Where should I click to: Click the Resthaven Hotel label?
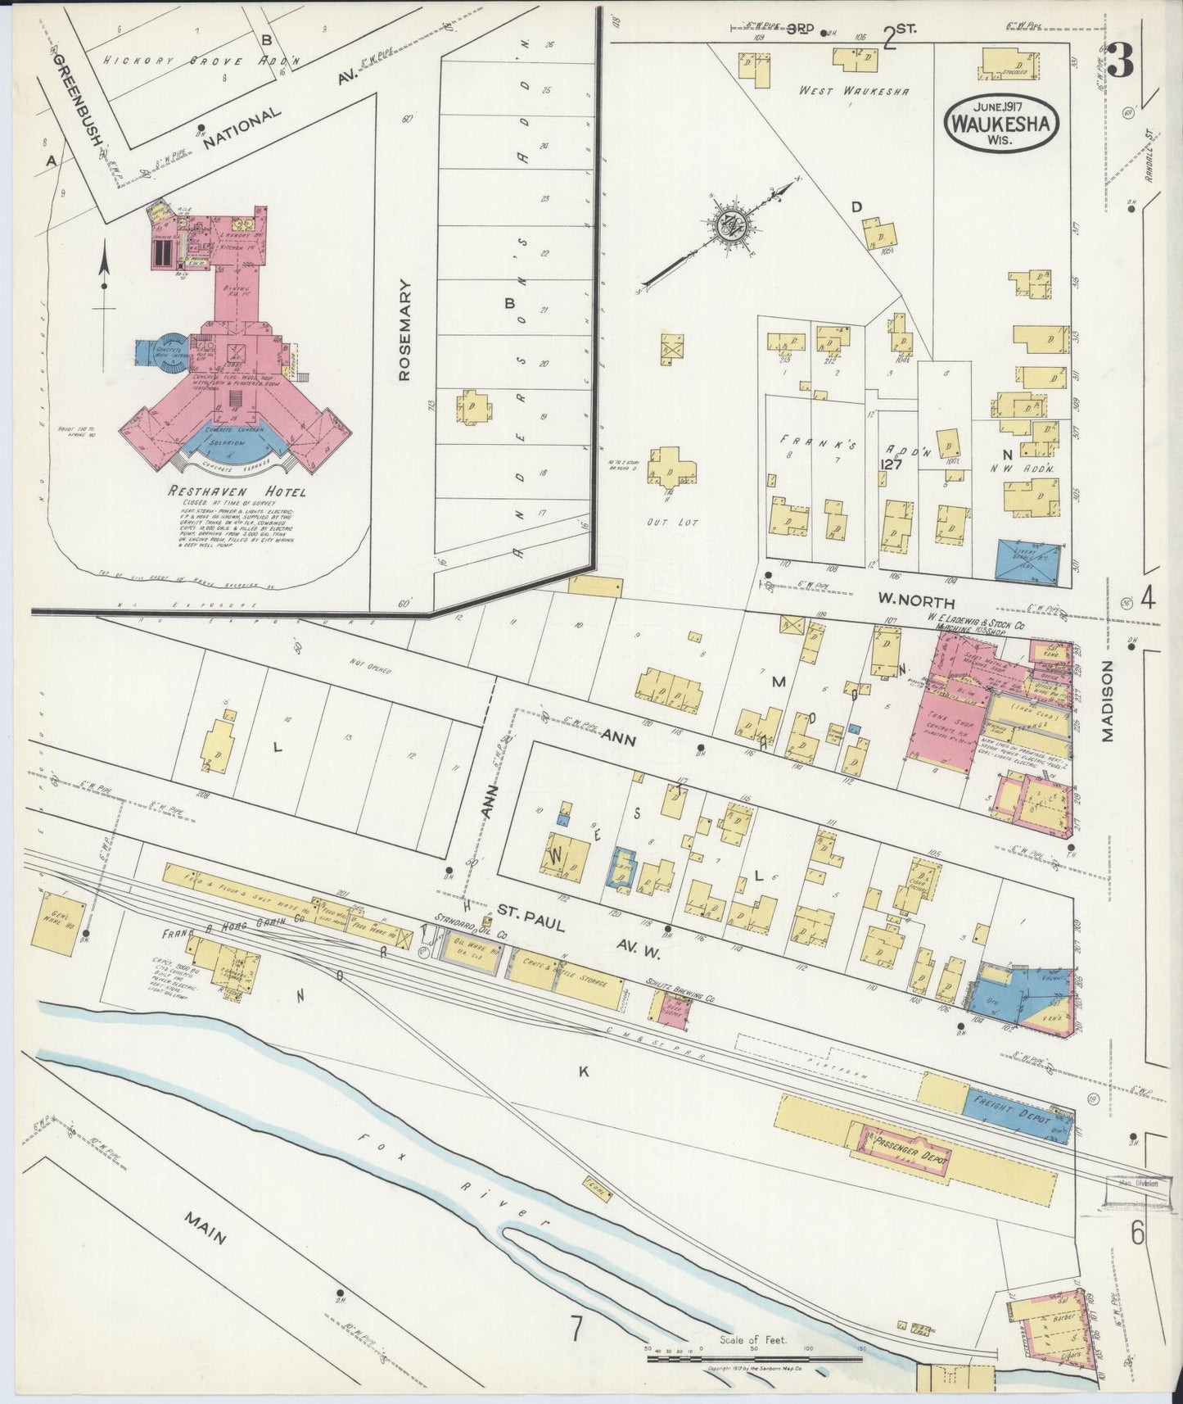tap(236, 491)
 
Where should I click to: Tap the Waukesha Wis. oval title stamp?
tap(1002, 121)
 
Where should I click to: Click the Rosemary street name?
tap(404, 329)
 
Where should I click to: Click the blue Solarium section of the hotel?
tap(237, 443)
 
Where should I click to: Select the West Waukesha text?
tap(854, 92)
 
